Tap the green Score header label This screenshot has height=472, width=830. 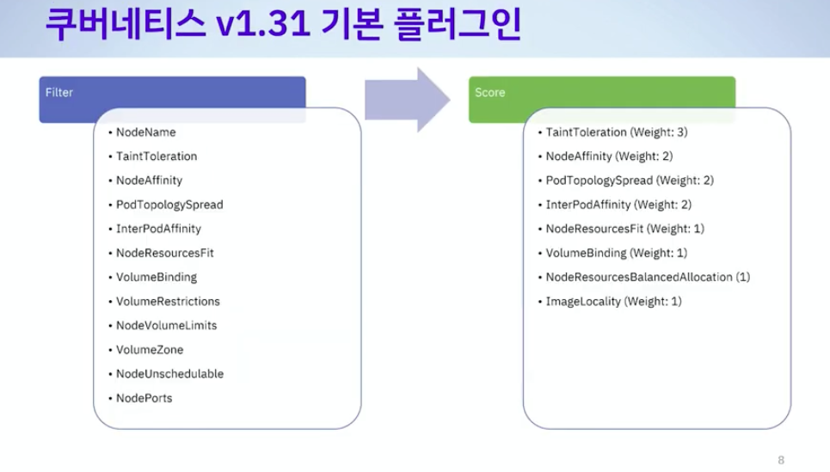click(490, 92)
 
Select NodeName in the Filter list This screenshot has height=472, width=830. click(146, 132)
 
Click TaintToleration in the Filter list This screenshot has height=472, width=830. click(157, 156)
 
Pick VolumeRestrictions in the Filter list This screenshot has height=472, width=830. click(168, 302)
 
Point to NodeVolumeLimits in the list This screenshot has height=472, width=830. click(167, 326)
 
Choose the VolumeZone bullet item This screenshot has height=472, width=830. click(150, 350)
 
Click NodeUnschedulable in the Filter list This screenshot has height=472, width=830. click(169, 374)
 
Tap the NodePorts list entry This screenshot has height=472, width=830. click(144, 398)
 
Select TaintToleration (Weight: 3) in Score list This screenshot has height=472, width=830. click(616, 132)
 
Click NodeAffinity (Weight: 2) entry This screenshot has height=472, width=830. click(609, 156)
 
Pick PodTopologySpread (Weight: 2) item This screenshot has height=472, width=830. click(630, 181)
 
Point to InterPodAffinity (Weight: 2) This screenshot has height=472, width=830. click(618, 205)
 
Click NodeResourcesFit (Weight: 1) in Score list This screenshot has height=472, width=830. click(624, 229)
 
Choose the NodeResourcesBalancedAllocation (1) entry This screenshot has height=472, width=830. click(648, 277)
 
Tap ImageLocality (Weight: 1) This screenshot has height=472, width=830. click(613, 302)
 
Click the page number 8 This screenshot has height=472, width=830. click(781, 460)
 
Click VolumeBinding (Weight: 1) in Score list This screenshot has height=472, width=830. click(616, 253)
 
